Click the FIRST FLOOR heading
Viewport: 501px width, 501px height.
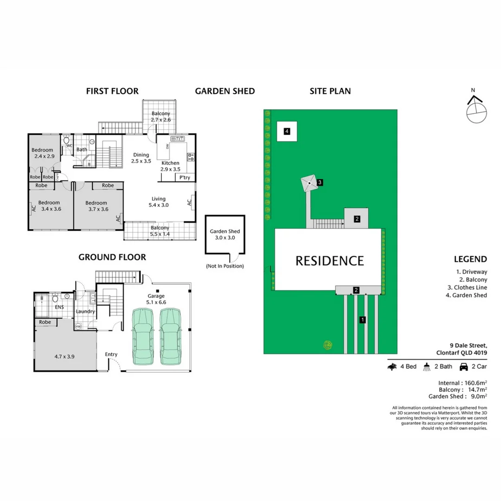[x=112, y=91]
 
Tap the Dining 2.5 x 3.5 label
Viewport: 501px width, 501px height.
[x=141, y=158]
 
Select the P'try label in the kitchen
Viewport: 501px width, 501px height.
[x=184, y=178]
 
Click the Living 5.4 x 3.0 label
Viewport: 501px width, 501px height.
[x=158, y=202]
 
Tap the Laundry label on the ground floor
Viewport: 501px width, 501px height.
[x=86, y=311]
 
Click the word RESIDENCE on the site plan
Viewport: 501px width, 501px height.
[x=330, y=261]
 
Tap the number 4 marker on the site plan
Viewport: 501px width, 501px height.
[x=287, y=132]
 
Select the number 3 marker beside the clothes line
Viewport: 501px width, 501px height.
[x=320, y=183]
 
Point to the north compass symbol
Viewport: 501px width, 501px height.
[x=476, y=109]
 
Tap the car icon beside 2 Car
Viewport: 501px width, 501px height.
[x=463, y=367]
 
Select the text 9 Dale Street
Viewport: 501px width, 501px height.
[x=468, y=345]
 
